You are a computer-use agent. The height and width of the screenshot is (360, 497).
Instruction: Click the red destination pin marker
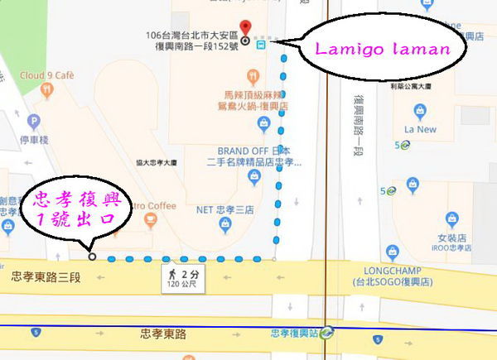(x=244, y=26)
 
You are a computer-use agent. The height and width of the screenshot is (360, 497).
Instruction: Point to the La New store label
(x=420, y=129)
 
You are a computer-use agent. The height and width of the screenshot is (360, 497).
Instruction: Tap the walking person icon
(x=172, y=272)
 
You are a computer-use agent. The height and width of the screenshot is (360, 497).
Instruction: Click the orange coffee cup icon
(x=150, y=219)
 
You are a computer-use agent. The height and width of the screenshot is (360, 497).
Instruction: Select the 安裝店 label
(x=451, y=237)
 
